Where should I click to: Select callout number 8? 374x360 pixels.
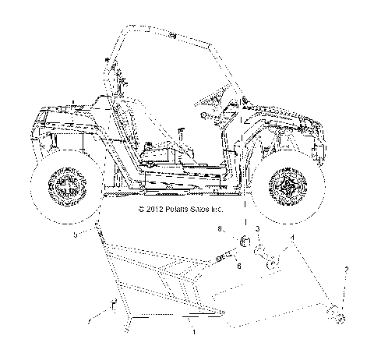[x=220, y=229]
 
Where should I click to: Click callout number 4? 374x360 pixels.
[x=292, y=238]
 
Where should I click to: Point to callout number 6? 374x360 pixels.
[x=238, y=266]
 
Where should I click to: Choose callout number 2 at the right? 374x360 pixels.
[x=345, y=270]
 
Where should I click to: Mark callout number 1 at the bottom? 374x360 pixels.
[x=192, y=332]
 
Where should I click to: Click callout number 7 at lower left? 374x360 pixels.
[x=90, y=319]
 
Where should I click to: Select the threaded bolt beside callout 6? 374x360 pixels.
[x=225, y=256]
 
